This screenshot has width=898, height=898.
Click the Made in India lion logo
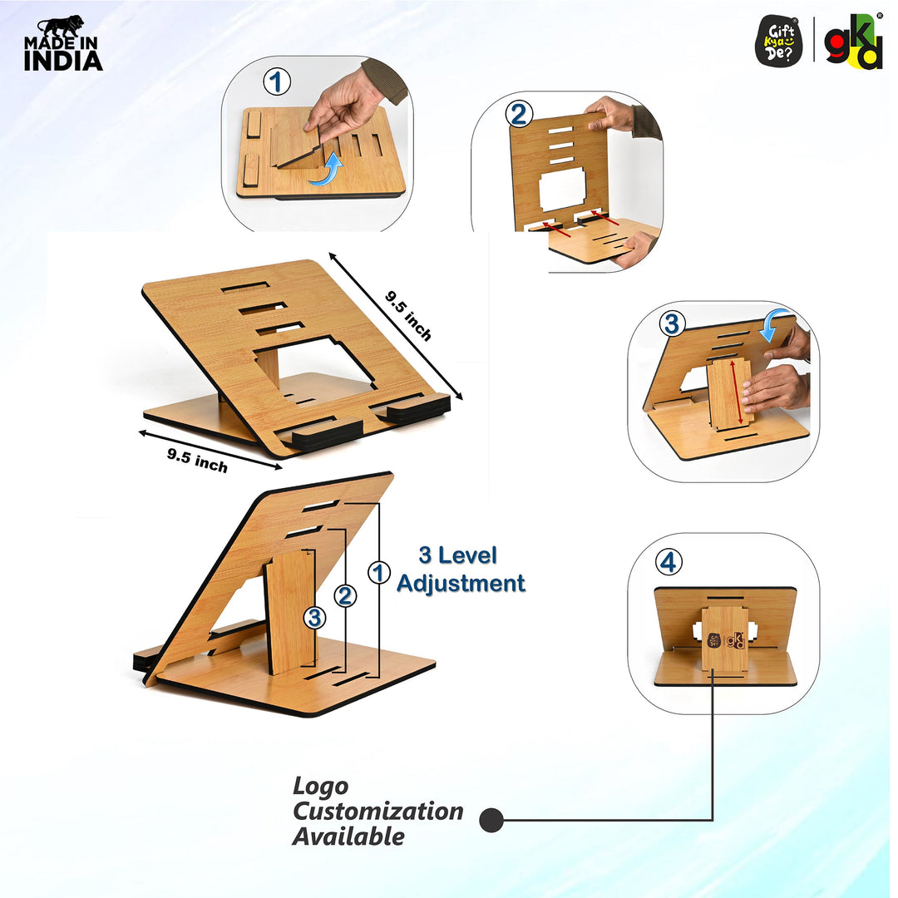coord(63,43)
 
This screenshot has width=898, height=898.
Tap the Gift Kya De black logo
coord(778,41)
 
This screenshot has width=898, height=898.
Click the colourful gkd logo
coord(853,42)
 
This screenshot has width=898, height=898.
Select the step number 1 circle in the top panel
coord(277,81)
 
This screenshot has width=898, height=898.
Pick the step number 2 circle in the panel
coord(519,114)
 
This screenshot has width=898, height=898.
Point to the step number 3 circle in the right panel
coord(673,323)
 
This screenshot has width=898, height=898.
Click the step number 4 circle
coord(669,562)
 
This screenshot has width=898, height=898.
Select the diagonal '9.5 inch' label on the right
coord(408,316)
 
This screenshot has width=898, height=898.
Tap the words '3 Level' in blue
coord(457,555)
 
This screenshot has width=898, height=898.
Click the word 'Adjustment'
coord(461,583)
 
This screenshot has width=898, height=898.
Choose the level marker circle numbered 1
coord(378,573)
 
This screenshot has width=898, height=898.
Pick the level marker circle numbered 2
coord(345,596)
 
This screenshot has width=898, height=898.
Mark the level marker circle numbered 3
coord(314,619)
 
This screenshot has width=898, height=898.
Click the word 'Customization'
coord(378,812)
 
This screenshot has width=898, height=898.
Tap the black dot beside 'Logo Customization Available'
coord(491,820)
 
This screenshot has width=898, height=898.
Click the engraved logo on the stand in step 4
coord(726,640)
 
